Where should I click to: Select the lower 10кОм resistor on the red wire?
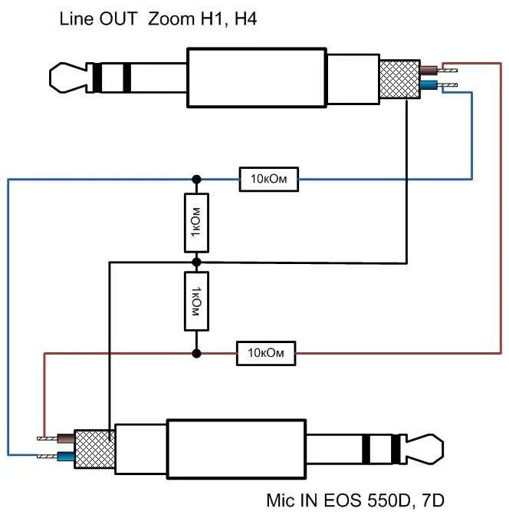pyautogui.click(x=266, y=353)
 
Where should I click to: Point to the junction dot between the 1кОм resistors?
pyautogui.click(x=197, y=262)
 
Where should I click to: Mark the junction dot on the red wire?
pyautogui.click(x=197, y=353)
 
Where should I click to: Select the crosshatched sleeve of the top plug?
pyautogui.click(x=399, y=79)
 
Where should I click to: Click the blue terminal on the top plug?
pyautogui.click(x=429, y=86)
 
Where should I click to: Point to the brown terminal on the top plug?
pyautogui.click(x=429, y=70)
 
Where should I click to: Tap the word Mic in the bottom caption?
pyautogui.click(x=280, y=501)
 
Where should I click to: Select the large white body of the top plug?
pyautogui.click(x=257, y=78)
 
